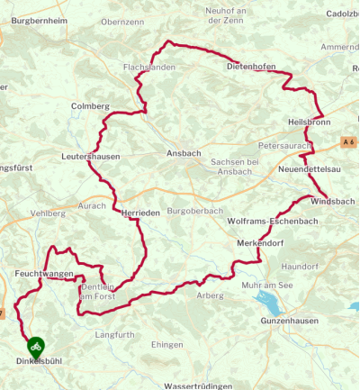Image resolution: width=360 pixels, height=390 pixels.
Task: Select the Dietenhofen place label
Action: click(x=250, y=66)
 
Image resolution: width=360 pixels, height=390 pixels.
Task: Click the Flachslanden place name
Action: click(x=152, y=67)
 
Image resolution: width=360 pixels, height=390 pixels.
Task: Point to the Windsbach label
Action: click(x=332, y=202)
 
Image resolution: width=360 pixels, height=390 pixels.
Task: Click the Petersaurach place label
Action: click(x=283, y=144)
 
